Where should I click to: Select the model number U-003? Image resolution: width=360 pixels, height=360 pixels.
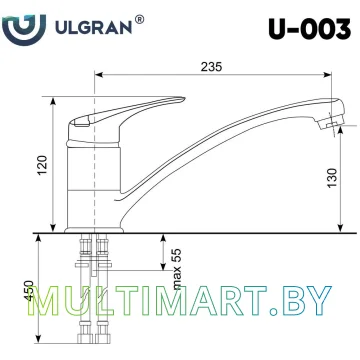point(309,24)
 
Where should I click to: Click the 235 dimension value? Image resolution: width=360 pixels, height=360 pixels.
point(209,64)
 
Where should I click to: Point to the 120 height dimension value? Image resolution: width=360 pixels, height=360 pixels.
point(41,164)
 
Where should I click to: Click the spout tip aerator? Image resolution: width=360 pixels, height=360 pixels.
point(332,121)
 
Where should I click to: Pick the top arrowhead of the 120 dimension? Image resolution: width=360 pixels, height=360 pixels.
point(51,99)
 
